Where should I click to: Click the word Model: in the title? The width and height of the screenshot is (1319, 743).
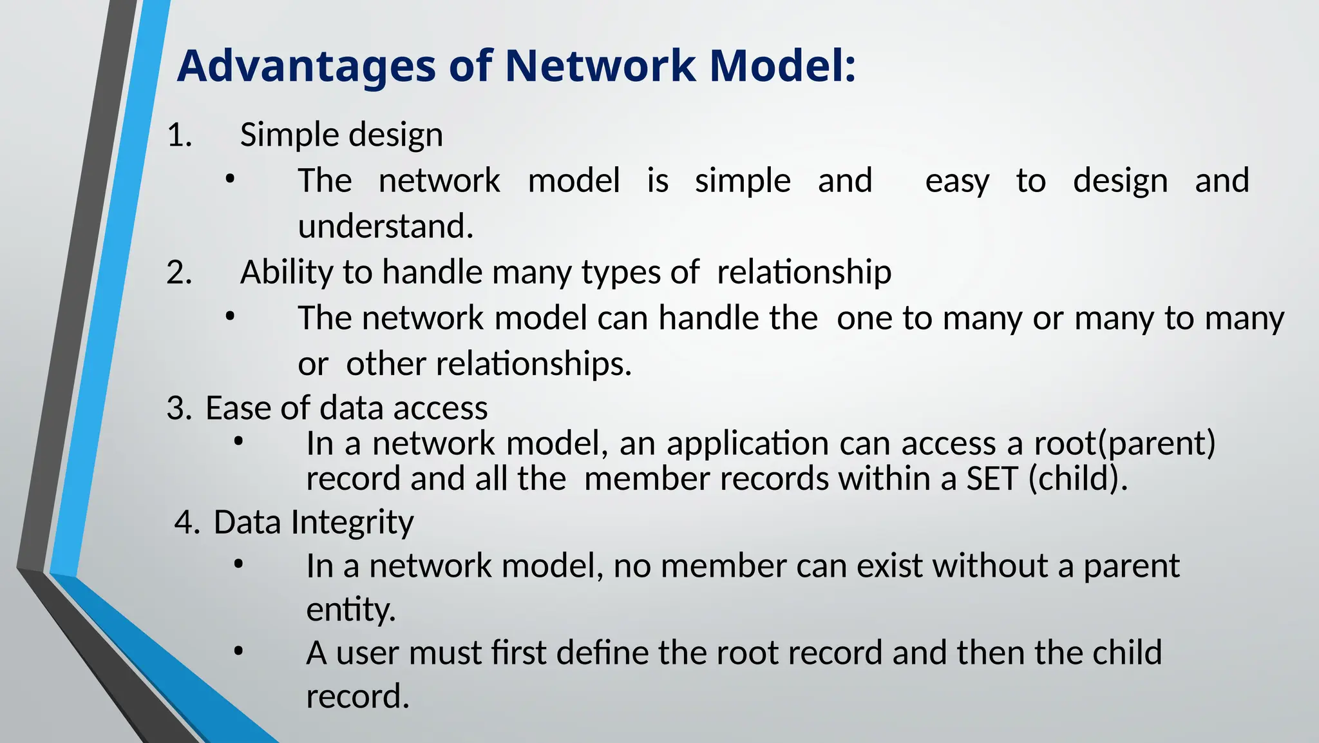point(783,66)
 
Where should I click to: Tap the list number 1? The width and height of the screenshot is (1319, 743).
point(180,136)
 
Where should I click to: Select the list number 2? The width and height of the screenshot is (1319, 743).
point(180,273)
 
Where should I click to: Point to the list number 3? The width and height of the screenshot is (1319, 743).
point(179,409)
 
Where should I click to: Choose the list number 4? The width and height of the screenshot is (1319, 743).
point(187,523)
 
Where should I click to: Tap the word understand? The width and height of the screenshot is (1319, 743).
point(385,227)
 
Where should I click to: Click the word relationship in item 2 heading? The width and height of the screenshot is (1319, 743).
point(804,273)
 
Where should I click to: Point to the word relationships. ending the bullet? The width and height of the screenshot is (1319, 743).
point(534,365)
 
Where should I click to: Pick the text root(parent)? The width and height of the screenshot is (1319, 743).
point(1124,444)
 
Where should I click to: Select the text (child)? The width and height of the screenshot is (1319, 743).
point(1077,479)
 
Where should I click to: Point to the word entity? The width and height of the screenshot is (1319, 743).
point(350,610)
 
